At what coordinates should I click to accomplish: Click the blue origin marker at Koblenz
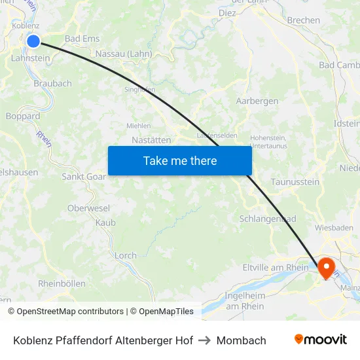33,41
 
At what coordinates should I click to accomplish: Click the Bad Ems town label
82,39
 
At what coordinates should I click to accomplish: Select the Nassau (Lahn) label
124,54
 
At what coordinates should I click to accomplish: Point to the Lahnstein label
30,58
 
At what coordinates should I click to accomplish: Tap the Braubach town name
52,84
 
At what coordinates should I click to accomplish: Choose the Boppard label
23,116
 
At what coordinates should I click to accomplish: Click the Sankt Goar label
84,176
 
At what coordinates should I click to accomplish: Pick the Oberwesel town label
86,207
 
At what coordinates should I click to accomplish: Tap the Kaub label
105,223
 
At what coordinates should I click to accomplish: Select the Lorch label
126,255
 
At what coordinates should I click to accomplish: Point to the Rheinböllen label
62,283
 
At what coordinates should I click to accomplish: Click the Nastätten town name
151,140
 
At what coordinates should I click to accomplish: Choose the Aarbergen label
257,101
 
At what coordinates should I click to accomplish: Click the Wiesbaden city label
334,228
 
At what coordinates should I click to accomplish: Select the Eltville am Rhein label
276,267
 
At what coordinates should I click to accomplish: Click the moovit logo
320,340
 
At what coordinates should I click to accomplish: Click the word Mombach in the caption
241,340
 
